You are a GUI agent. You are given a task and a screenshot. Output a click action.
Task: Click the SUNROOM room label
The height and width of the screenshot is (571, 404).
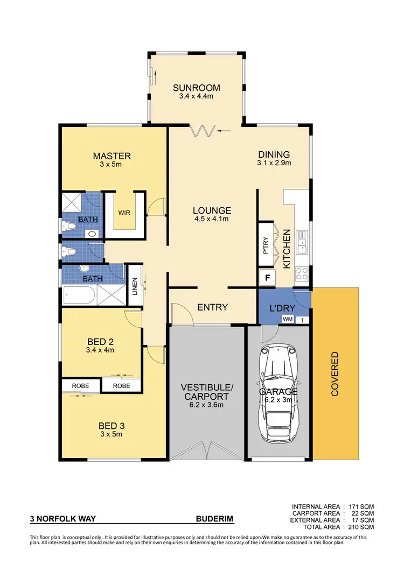[196, 88]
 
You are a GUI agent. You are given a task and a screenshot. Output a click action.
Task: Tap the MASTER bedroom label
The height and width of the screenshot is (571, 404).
[112, 156]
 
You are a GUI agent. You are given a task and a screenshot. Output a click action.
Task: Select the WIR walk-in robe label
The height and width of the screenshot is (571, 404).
[124, 213]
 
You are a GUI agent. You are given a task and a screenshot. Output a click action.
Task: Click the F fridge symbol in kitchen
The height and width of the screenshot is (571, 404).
[266, 279]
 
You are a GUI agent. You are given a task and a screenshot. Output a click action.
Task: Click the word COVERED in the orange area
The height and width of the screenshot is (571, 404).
[335, 373]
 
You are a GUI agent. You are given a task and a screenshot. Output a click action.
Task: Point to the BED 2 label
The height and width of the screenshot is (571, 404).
[101, 341]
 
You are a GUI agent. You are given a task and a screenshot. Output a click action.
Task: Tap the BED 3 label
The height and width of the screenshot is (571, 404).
[112, 426]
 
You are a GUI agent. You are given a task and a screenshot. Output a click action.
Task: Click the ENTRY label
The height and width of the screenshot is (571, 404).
[212, 307]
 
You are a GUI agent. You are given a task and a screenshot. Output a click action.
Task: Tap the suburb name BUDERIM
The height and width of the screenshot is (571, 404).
[214, 520]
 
